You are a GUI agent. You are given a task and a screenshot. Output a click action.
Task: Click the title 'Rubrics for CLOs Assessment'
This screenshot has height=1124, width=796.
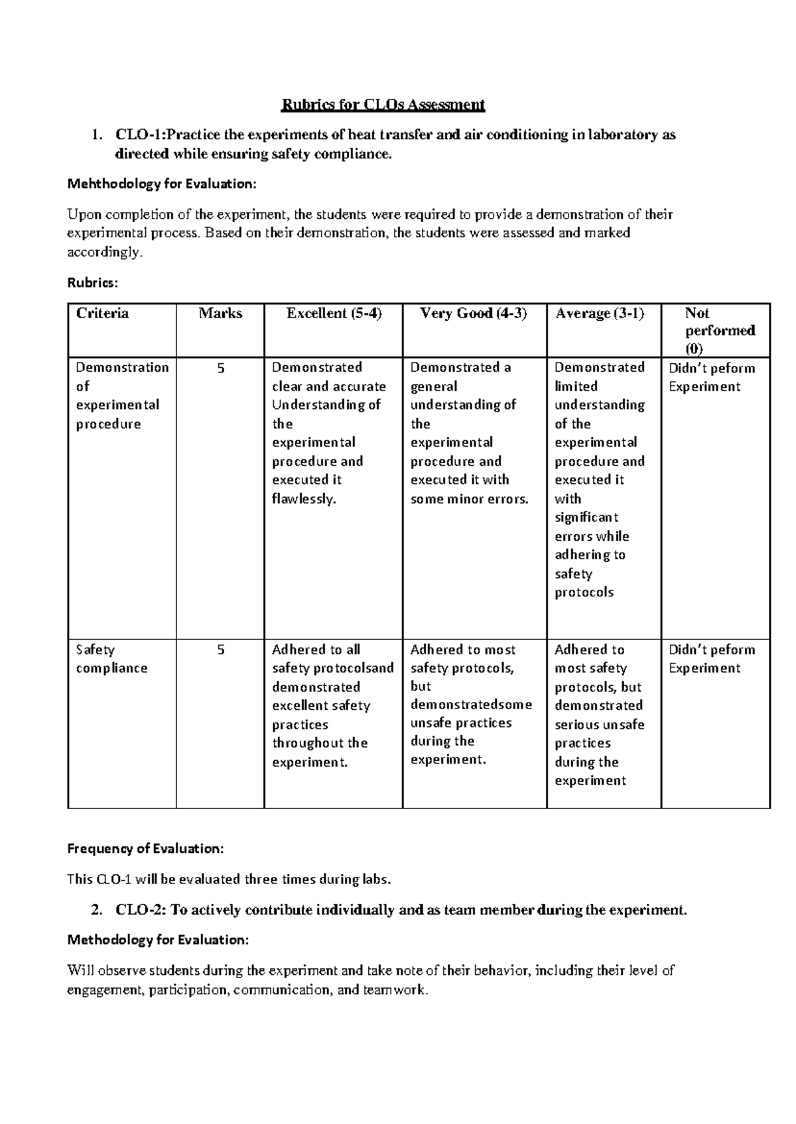coord(383,105)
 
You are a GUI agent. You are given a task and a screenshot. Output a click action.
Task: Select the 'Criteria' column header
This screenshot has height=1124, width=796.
coord(102,313)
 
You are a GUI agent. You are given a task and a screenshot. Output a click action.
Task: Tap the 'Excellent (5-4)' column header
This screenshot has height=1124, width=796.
coord(334,313)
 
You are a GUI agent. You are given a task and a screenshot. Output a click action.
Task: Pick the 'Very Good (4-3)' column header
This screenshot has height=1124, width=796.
coord(474,313)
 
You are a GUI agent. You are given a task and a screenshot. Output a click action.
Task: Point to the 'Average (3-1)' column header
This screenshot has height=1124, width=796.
coord(600,313)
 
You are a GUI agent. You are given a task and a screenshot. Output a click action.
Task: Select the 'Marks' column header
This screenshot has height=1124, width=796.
coord(220,313)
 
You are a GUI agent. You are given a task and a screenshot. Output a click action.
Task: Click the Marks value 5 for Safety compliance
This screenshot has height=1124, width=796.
coord(221,650)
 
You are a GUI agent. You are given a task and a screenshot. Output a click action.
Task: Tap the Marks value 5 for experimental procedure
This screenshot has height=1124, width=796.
coord(221,368)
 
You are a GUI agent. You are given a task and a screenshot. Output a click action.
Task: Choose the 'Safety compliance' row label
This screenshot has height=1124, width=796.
coord(111,659)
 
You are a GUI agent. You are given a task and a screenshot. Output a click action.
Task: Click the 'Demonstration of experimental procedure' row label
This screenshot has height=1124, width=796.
coord(122,396)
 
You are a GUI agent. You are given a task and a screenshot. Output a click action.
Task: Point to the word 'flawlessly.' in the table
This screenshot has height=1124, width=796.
coord(304,499)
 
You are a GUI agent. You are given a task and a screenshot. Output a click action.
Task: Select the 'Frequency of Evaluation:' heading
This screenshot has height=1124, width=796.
coord(146,848)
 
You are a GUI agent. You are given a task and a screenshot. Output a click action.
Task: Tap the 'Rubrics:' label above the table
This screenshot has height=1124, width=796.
coord(93,283)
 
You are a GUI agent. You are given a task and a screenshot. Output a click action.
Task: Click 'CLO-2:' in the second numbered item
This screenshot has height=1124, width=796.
coord(141,910)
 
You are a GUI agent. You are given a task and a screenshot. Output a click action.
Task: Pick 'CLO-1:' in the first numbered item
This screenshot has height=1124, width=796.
coord(140,136)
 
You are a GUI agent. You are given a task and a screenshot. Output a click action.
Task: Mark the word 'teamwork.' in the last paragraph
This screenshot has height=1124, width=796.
coord(395,990)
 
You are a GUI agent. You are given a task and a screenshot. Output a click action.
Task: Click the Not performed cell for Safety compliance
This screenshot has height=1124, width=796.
coord(711,659)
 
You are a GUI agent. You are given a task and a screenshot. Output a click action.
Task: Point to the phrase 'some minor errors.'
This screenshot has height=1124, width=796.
coord(469,499)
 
